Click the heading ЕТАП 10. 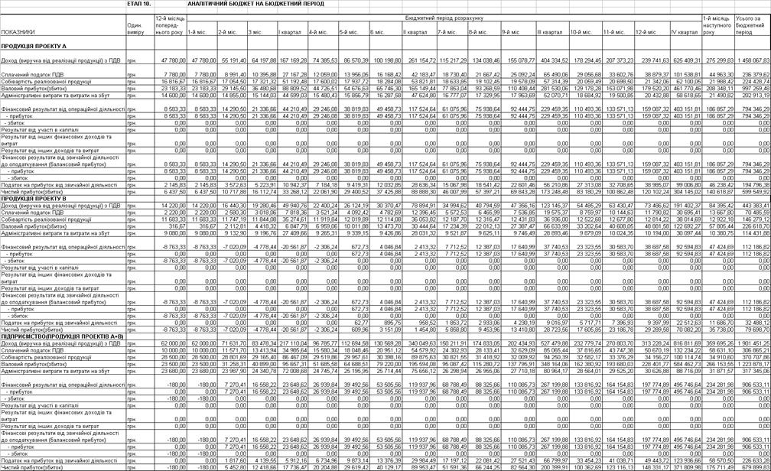click(x=139, y=4)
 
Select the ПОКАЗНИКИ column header click(x=18, y=32)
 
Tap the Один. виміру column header click(x=135, y=28)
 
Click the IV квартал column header click(x=684, y=32)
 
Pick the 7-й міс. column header click(x=447, y=32)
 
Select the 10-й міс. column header click(x=581, y=32)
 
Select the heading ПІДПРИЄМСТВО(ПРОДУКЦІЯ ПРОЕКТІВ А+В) click(x=62, y=336)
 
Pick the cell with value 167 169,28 click(x=293, y=59)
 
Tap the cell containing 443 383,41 click(x=754, y=206)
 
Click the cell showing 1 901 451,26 click(x=753, y=343)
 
